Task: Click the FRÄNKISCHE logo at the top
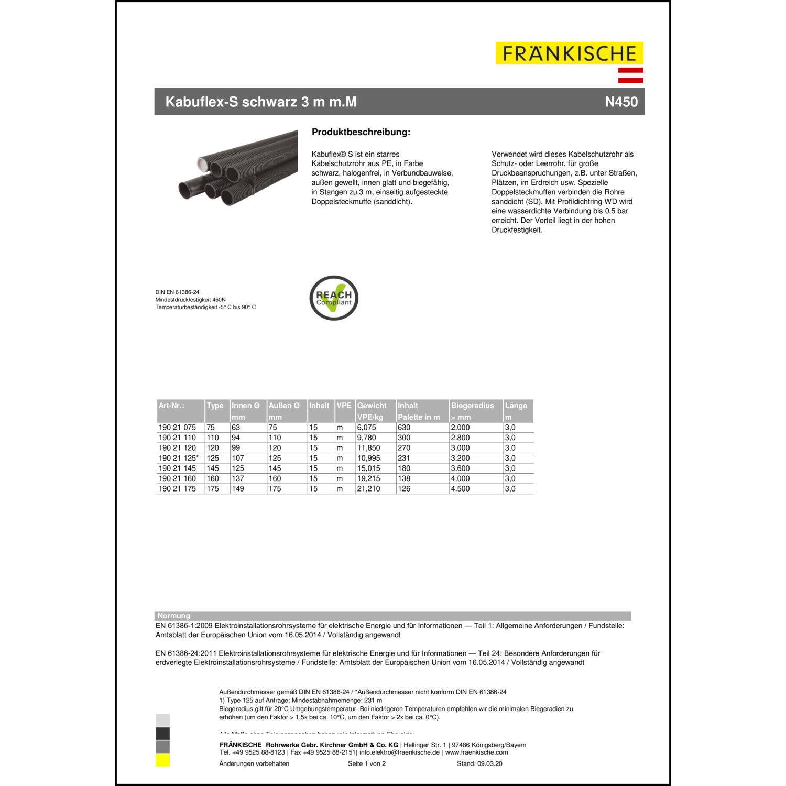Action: click(569, 53)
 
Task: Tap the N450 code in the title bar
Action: click(621, 102)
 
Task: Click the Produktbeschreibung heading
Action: click(361, 132)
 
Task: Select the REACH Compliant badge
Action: click(334, 298)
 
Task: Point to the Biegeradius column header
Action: click(472, 406)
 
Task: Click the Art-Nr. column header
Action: click(171, 406)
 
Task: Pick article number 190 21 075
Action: click(177, 428)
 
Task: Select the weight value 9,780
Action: click(366, 438)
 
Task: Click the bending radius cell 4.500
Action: click(460, 489)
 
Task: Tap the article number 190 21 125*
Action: click(179, 458)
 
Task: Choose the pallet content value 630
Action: click(404, 428)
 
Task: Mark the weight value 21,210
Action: click(368, 489)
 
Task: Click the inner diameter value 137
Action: click(238, 478)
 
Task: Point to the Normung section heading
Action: click(174, 616)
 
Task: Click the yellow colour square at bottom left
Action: click(162, 760)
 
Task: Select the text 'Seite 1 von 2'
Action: click(367, 763)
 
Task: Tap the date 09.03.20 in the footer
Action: click(489, 763)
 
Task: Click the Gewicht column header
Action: click(372, 406)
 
